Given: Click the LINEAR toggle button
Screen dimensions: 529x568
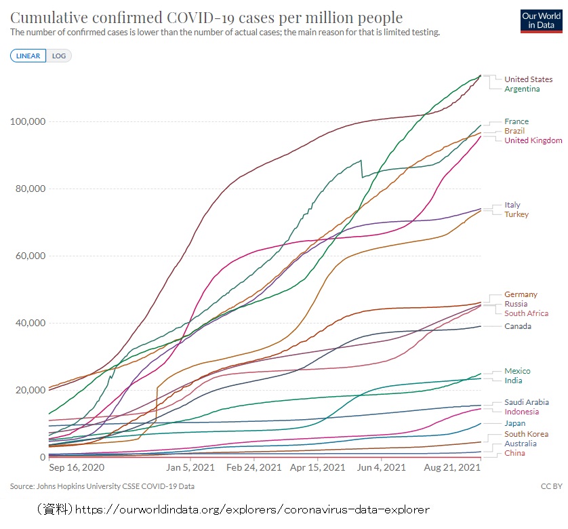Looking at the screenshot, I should [x=28, y=56].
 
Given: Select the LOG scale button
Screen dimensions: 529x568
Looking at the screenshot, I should [x=59, y=56].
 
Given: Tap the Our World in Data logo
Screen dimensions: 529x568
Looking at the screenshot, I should [x=540, y=21].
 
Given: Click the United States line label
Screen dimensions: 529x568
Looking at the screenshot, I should [x=528, y=79].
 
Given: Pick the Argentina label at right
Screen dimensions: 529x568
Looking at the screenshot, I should [x=522, y=89].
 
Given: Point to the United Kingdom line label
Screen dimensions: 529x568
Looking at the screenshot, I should [x=533, y=140].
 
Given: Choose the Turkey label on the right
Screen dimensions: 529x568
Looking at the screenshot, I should [x=516, y=214].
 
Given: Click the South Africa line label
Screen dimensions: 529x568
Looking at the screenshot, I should [x=526, y=313].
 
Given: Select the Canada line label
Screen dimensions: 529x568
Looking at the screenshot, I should [x=518, y=326].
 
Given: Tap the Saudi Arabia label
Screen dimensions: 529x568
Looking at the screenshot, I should [x=526, y=402].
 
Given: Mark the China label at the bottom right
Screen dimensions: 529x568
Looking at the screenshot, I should [x=514, y=453].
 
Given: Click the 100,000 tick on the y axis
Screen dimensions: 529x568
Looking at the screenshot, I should [x=28, y=121].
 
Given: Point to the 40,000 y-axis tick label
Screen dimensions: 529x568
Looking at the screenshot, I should [x=30, y=323].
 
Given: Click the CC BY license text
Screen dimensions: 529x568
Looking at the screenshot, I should [x=552, y=486].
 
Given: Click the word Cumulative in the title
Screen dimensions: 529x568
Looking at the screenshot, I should [x=52, y=18].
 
